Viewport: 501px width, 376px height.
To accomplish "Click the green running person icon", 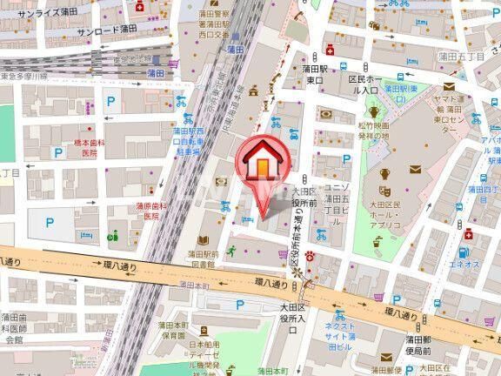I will (x=232, y=252).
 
